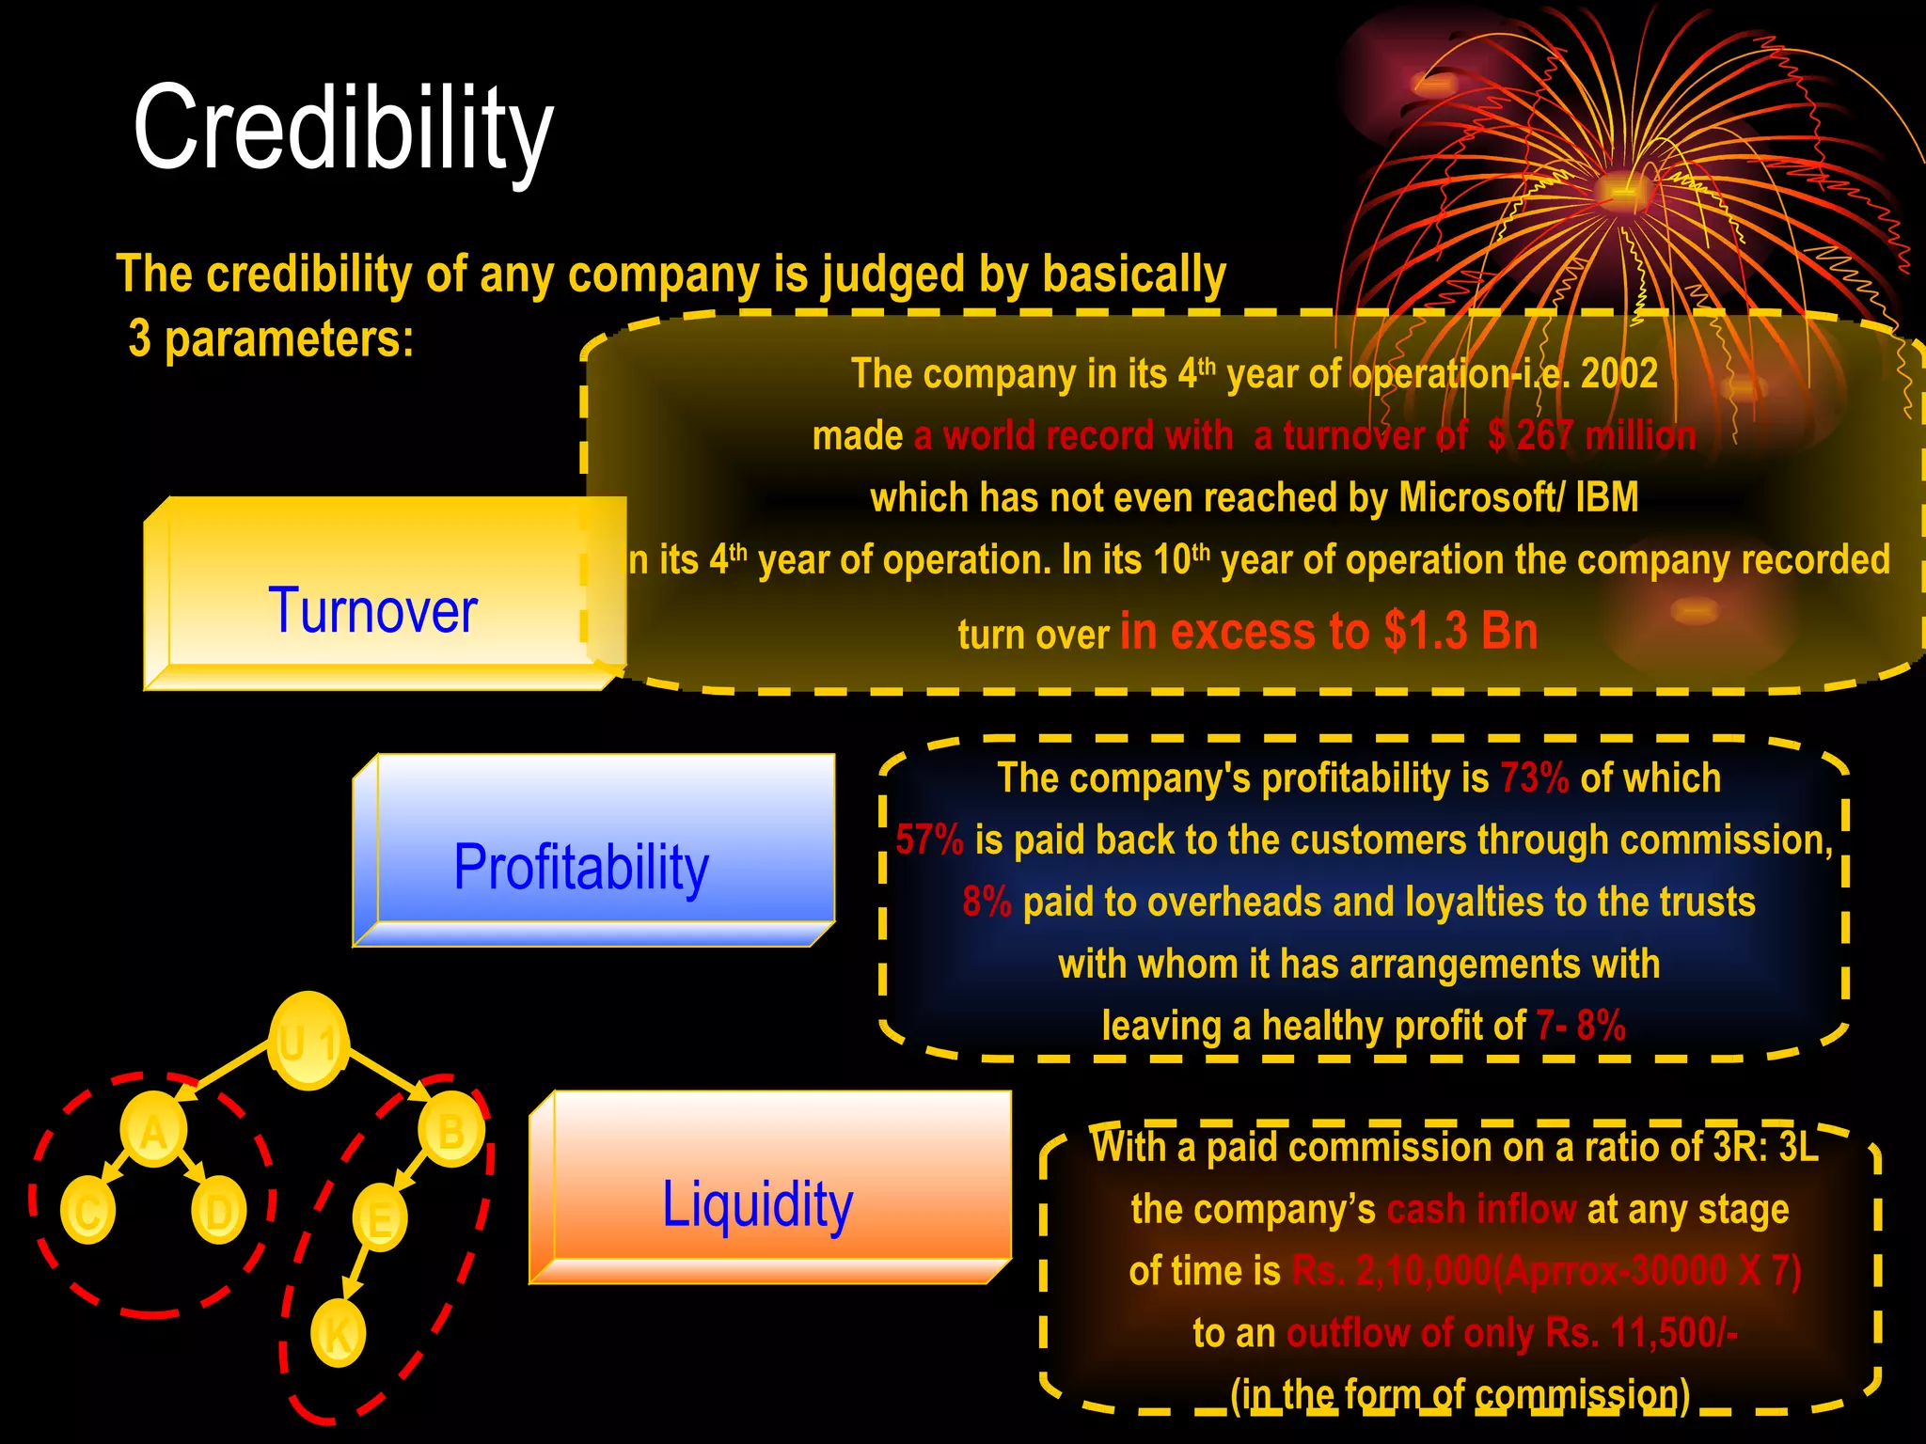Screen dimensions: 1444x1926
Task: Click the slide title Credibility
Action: [x=343, y=130]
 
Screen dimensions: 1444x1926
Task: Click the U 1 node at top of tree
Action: [x=308, y=1042]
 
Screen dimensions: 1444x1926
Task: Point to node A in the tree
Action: [x=153, y=1131]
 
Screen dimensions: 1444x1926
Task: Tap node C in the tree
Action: [x=87, y=1211]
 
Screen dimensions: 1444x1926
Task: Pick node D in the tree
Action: [x=218, y=1211]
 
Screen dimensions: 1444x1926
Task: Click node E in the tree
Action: [x=380, y=1219]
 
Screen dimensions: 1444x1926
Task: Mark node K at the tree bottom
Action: [x=338, y=1333]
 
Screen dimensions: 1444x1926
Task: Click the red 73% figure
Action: [x=1534, y=778]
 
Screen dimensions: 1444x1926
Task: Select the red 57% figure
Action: [x=929, y=840]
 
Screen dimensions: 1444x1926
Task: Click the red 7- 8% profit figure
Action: [x=1580, y=1026]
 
